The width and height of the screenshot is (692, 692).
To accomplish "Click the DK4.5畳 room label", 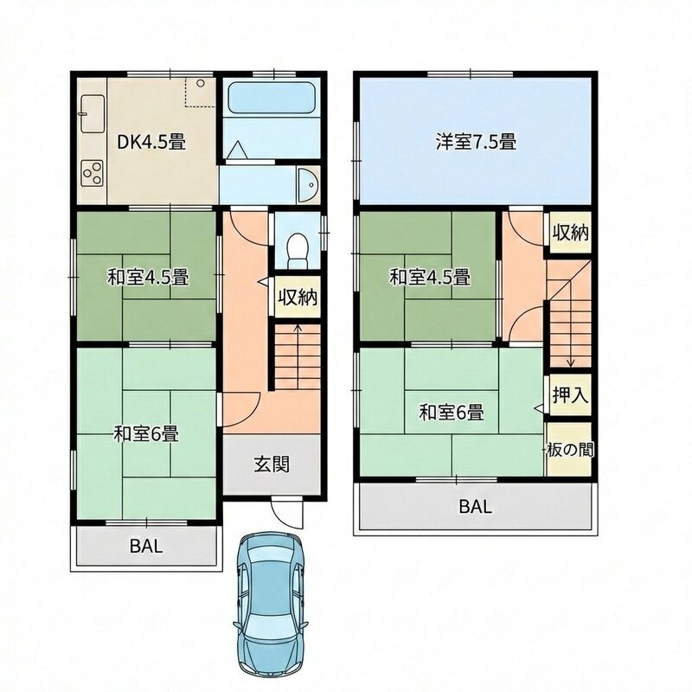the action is [x=151, y=142].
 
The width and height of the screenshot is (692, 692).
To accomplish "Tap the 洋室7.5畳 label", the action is [x=477, y=142].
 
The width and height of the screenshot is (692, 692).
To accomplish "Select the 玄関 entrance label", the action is [x=272, y=465].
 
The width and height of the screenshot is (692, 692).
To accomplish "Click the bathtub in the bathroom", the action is [x=271, y=99].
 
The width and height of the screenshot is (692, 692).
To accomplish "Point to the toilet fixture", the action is [x=297, y=250].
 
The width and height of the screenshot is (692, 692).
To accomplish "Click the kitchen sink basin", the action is [x=93, y=113].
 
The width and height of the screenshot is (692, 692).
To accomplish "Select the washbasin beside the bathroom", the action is [x=308, y=185].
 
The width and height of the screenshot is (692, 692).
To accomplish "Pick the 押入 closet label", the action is [x=570, y=395].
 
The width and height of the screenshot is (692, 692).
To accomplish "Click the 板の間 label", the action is [x=570, y=450].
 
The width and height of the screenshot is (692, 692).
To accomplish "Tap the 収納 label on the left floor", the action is [x=298, y=297].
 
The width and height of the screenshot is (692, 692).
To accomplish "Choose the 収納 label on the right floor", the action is [x=571, y=233].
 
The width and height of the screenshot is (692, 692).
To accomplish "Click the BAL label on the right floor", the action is [x=475, y=507].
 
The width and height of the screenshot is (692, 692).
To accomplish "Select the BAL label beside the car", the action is [x=146, y=547].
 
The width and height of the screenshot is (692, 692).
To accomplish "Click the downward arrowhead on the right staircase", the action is [x=571, y=363].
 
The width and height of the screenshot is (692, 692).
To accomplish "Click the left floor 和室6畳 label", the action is [x=146, y=434].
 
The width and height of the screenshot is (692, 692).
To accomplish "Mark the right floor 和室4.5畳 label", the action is [x=429, y=278].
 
